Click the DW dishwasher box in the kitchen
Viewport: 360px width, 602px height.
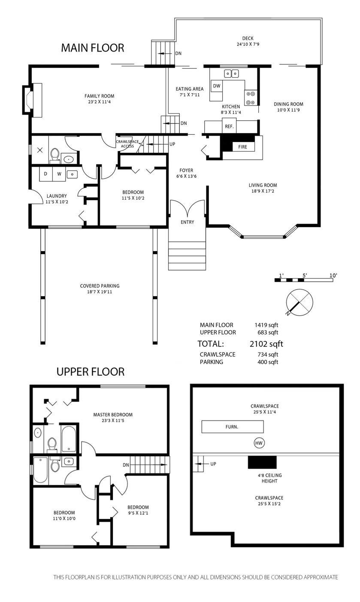click(217, 86)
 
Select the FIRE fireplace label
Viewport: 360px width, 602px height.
click(242, 147)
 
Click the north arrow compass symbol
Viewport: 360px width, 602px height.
click(299, 302)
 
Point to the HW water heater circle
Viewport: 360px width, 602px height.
click(259, 443)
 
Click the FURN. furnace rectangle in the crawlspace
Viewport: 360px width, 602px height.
click(233, 427)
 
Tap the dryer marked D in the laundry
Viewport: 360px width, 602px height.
click(45, 174)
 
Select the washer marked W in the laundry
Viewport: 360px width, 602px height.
click(59, 174)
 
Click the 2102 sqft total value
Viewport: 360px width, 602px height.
click(266, 344)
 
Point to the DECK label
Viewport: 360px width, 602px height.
click(248, 39)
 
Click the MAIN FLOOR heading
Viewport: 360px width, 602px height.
click(93, 48)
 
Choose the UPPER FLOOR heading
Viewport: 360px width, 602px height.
click(91, 372)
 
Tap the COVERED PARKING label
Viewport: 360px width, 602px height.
click(100, 286)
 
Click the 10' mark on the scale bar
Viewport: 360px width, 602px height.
click(333, 276)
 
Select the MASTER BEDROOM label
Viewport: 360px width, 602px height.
click(113, 415)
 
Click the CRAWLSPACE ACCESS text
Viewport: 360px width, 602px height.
click(127, 144)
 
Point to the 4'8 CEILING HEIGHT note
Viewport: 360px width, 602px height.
click(270, 478)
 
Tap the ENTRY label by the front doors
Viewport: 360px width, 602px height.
click(187, 222)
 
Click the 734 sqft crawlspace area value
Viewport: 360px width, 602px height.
click(268, 355)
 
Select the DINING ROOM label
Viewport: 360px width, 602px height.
click(288, 104)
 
